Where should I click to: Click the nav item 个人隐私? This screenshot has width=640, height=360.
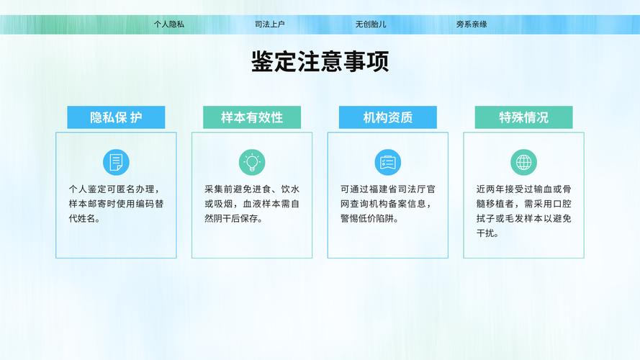[x=169, y=24]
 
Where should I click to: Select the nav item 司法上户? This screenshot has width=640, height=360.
[x=270, y=24]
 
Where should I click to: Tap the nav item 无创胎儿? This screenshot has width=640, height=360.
[x=371, y=24]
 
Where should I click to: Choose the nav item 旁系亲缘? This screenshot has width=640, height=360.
[x=472, y=24]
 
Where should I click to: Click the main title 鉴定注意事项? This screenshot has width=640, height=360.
[x=320, y=62]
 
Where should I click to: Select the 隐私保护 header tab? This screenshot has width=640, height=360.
[x=116, y=117]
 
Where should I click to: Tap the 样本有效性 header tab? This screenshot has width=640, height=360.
[x=252, y=117]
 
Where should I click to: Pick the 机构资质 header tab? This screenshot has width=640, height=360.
[x=387, y=117]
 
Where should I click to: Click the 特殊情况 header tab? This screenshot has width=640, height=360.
[x=523, y=117]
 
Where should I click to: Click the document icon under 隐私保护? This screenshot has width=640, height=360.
[x=116, y=162]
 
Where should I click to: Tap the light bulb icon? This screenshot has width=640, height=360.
[x=252, y=162]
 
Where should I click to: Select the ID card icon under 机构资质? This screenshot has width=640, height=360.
[x=387, y=162]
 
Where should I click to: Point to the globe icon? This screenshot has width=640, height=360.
[x=523, y=162]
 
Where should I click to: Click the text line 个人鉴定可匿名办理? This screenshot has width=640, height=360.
[x=114, y=189]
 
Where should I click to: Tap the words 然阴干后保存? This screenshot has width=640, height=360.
[x=234, y=219]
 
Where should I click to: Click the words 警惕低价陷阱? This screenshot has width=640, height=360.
[x=370, y=219]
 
